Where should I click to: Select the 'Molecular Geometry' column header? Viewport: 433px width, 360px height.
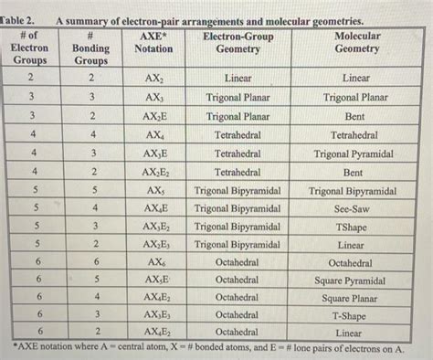[357, 42]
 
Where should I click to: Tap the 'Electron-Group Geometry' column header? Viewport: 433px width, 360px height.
[237, 42]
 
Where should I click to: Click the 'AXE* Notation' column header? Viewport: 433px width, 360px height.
[153, 42]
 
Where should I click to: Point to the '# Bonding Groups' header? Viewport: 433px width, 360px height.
[90, 48]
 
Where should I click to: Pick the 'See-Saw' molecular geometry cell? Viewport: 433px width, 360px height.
[353, 209]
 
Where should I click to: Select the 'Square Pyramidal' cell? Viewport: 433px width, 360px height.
[352, 281]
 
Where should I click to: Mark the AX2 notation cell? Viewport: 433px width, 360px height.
[153, 79]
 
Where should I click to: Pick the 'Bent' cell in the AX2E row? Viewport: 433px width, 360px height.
[353, 117]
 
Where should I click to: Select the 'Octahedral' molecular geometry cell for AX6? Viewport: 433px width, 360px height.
[352, 263]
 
